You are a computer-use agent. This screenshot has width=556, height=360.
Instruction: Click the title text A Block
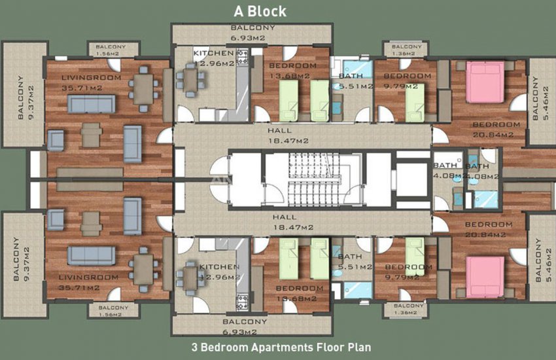pos(261,11)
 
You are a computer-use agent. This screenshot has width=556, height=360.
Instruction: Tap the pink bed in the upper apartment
pos(485,81)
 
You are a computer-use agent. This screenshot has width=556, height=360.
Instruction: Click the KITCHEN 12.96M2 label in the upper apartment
pos(214,58)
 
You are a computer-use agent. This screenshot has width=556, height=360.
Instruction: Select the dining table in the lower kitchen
pos(190,275)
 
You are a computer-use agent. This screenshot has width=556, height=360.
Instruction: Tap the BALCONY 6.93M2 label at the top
pos(252,32)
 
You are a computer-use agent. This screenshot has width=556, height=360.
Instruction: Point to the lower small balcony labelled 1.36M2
pos(409,310)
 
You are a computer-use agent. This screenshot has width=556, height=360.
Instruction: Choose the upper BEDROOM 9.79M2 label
pos(408,81)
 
